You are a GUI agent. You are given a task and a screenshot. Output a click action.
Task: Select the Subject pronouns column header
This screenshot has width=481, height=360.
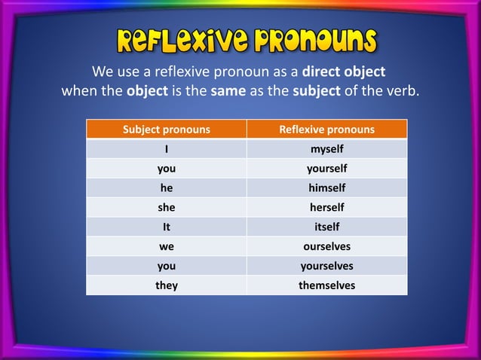coord(167,130)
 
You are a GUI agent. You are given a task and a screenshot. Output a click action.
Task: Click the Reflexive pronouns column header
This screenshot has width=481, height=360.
coord(326,130)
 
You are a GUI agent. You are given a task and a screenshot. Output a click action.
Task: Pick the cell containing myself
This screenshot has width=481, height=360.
coord(326,149)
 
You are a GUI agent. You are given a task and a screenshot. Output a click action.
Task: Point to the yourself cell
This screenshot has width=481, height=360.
coord(326,169)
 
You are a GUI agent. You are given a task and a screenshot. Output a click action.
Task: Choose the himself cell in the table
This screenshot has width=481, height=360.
coord(326,188)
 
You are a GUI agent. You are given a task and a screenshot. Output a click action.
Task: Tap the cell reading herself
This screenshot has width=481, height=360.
coord(326,207)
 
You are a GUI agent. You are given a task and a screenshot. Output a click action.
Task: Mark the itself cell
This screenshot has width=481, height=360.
coord(326,227)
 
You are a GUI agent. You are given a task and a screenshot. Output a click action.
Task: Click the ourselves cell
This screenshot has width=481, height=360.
coord(326,246)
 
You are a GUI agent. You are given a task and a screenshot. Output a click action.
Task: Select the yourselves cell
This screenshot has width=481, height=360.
coord(326,266)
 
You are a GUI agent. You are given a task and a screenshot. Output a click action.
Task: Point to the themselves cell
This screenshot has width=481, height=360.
coord(326,285)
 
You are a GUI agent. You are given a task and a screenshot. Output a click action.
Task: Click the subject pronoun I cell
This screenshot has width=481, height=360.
coord(167,149)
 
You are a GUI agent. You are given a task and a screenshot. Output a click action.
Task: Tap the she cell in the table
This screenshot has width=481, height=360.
coord(167,207)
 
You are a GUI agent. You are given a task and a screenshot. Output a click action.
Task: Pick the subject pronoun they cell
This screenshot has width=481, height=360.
coord(167,285)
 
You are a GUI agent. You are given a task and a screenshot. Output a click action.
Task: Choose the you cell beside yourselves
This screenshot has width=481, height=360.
coord(167,266)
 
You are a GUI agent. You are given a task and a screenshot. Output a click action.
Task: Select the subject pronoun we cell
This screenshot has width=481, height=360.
coord(167,246)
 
